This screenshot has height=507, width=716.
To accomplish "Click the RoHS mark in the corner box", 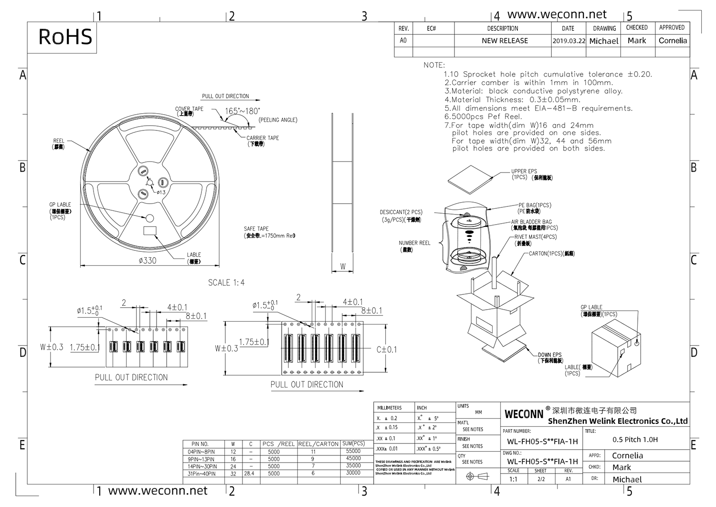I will pos(65,37).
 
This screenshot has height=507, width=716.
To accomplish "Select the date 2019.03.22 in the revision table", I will pos(569,41).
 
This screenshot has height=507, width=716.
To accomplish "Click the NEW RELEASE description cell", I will pos(505,41).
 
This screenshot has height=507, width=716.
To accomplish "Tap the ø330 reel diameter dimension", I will pos(147,260).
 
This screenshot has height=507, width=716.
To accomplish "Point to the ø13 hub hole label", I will pos(161,192).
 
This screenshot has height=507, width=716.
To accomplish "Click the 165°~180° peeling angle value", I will pos(242,111).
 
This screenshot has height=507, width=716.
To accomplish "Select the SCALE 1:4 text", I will pos(226,283).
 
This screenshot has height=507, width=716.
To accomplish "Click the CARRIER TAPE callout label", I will pos(263,138).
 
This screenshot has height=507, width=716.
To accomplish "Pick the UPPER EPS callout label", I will pos(524,171).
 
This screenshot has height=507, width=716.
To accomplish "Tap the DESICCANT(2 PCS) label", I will pos(401,212).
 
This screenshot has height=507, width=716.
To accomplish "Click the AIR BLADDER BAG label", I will pos(531,222).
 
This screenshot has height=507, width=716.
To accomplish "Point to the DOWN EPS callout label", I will pos(550,355).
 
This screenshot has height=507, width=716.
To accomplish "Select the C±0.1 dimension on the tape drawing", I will pos(387,350).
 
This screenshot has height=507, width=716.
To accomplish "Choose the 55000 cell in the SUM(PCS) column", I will pos(353,451).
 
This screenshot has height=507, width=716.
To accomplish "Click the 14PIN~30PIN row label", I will pos(202,466).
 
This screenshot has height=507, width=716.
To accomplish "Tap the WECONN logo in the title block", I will pos(524,414).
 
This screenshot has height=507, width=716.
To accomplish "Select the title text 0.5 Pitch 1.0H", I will pos(635,440).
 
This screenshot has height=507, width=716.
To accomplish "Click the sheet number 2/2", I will pos(541,479).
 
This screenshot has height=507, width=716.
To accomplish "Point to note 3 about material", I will pos(534,91).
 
